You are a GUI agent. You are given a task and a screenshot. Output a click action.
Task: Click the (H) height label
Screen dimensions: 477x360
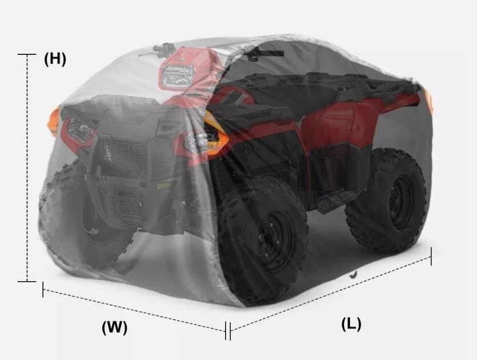(55, 59)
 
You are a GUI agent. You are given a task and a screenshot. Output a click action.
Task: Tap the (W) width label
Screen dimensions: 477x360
(114, 327)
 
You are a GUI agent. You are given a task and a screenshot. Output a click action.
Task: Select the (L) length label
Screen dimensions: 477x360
(351, 324)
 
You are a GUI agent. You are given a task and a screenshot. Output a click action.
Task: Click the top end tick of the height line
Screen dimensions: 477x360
(27, 54)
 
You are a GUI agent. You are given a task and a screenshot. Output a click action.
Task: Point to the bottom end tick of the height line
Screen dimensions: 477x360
(27, 282)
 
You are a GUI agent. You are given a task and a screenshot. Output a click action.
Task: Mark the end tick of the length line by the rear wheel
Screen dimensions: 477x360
(431, 257)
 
